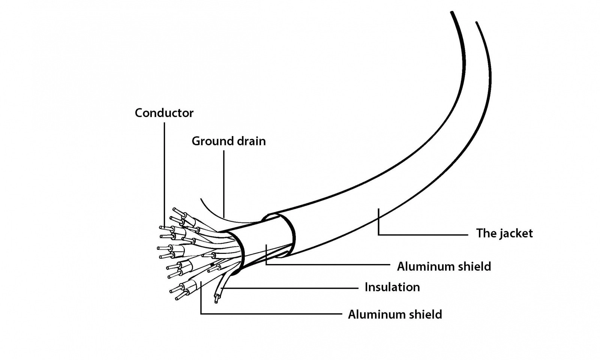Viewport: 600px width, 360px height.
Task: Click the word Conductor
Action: (164, 113)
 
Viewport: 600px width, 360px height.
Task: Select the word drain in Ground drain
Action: (251, 141)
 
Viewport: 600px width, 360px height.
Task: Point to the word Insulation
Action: (392, 287)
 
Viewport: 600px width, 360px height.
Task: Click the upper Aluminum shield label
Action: (444, 267)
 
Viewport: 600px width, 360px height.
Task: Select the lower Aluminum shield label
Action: (395, 314)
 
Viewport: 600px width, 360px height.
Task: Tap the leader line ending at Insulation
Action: (292, 288)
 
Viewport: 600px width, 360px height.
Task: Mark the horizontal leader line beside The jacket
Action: (424, 235)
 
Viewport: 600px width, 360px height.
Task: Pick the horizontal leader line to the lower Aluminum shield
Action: (270, 313)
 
